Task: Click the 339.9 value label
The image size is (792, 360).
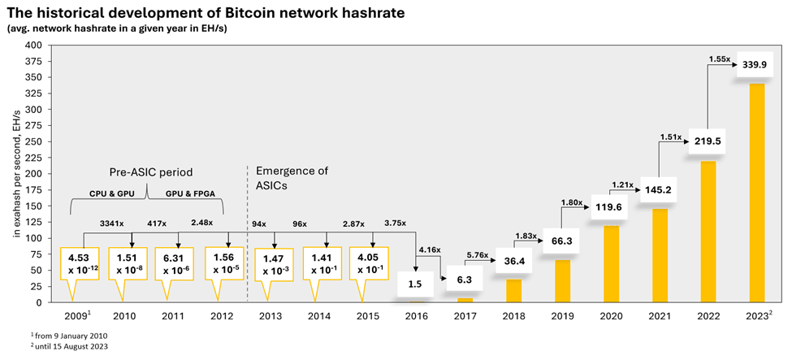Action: tap(760, 65)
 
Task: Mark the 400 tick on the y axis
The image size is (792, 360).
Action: tap(34, 46)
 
